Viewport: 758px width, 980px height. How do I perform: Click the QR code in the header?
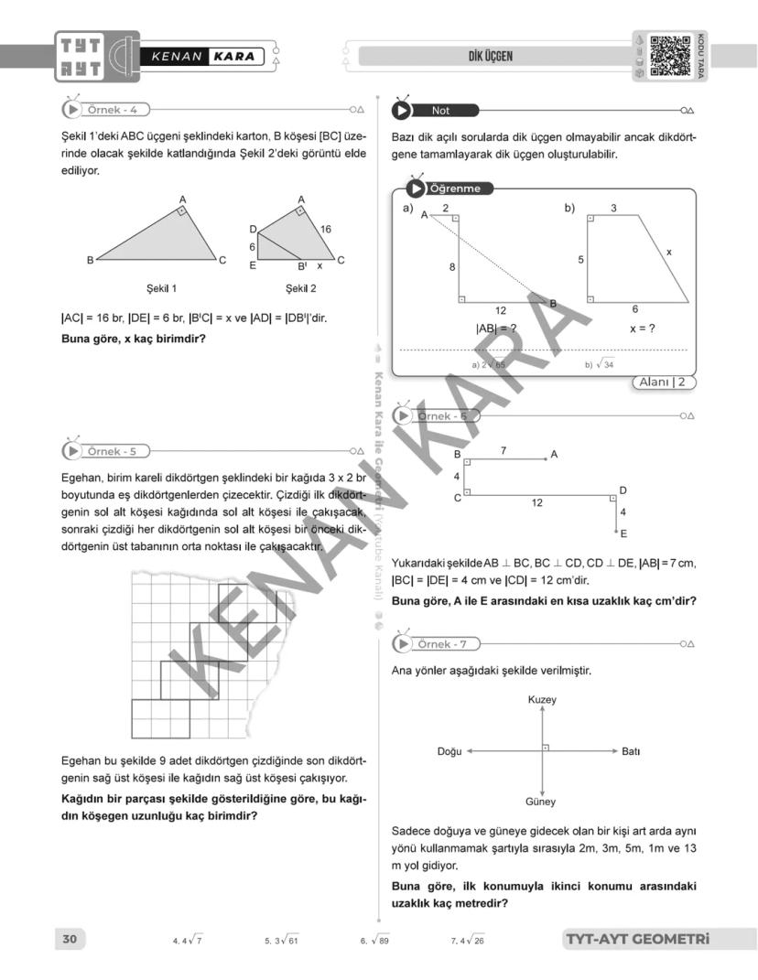(x=671, y=56)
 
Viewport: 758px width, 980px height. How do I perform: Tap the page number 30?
(x=70, y=939)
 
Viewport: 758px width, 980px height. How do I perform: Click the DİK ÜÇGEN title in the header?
(x=490, y=57)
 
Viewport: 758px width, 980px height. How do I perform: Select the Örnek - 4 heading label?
(x=112, y=110)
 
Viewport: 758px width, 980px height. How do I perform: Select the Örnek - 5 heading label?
(x=112, y=451)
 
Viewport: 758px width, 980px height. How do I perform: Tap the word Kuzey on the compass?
(x=542, y=700)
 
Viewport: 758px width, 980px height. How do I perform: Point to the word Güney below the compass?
(x=541, y=802)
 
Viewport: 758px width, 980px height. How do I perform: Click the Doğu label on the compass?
(x=449, y=751)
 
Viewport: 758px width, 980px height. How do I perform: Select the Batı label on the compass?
(x=630, y=751)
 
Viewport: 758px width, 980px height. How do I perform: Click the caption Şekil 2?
(x=300, y=288)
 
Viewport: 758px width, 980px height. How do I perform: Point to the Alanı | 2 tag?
(x=664, y=382)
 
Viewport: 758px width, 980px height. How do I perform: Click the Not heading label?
(x=441, y=111)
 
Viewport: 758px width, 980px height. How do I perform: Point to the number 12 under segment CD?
(x=536, y=502)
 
